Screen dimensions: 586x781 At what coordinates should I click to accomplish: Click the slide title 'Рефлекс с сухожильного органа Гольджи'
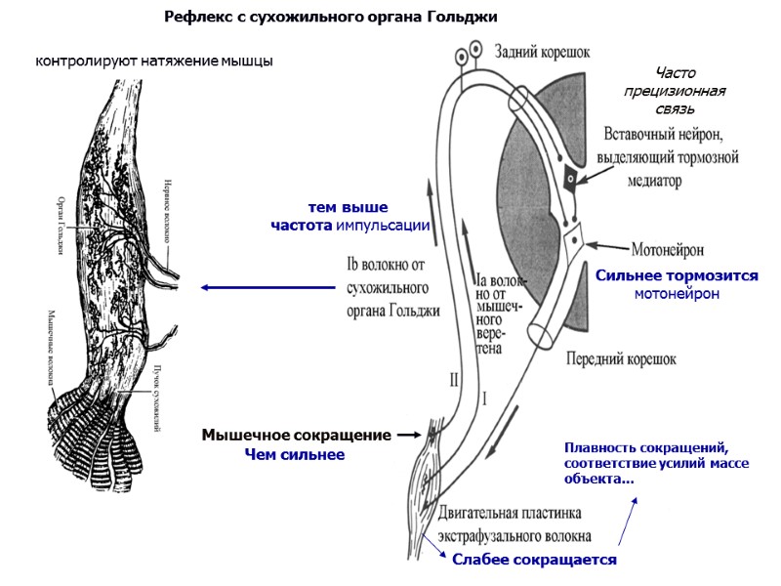tap(331, 18)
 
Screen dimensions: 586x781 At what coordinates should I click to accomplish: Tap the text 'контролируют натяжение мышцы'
tap(154, 62)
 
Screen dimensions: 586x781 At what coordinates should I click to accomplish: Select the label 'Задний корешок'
tap(542, 53)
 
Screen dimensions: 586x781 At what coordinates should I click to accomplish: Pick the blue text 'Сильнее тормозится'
tap(677, 276)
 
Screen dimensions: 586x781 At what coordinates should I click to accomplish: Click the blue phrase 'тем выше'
tap(348, 208)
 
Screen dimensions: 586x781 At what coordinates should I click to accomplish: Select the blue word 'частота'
tap(302, 226)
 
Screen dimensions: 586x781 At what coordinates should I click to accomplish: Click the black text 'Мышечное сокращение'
tap(296, 435)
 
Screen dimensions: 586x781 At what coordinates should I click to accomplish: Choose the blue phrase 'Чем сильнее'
tap(294, 454)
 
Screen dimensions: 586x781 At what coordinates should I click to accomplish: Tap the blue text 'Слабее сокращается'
tap(533, 560)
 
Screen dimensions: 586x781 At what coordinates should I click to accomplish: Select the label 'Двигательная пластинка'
tap(510, 513)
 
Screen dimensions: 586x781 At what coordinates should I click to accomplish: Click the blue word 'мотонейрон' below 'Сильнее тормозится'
tap(677, 293)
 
